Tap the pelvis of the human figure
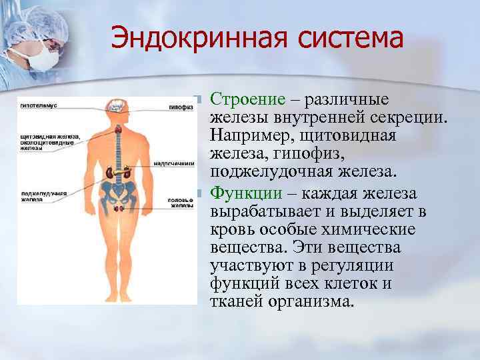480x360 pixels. pos(121,193)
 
